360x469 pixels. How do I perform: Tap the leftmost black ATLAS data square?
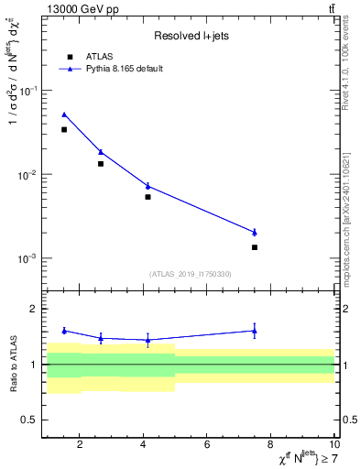click(64, 130)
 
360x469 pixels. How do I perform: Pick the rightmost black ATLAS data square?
click(255, 247)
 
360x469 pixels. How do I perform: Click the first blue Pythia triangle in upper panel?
click(64, 115)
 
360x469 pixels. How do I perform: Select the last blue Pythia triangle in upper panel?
click(255, 232)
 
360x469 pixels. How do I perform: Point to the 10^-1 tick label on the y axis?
click(30, 91)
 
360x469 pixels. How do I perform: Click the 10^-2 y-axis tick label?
click(30, 174)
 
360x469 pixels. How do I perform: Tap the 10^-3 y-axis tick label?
click(30, 258)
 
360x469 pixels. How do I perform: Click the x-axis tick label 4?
click(143, 445)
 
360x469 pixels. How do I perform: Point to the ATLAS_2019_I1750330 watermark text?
click(191, 274)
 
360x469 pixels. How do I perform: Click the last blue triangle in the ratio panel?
click(255, 331)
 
